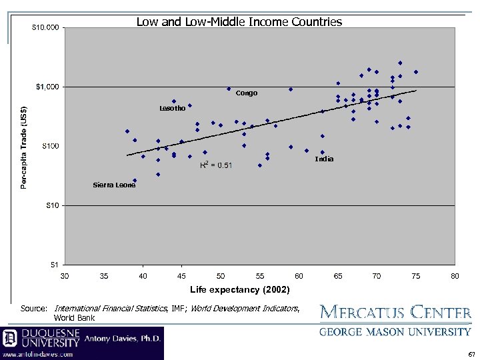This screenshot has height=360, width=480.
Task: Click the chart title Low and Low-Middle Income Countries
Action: coord(239,22)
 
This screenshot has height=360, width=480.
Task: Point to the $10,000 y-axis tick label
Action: coord(46,27)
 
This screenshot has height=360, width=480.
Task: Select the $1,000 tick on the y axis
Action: coord(48,87)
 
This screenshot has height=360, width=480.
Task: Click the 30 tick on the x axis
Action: coord(65,275)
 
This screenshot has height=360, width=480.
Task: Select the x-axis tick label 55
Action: coord(260,275)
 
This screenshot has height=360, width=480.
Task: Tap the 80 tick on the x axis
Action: coord(455,275)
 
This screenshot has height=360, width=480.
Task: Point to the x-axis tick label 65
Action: coord(338,275)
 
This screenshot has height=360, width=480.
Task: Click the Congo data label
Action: coord(246,93)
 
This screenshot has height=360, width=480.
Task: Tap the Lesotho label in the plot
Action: coord(171,108)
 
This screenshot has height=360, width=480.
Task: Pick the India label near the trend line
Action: coord(324,159)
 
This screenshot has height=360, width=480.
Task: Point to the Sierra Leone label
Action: coord(114,185)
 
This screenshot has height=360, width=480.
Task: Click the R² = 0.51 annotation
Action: coord(216,165)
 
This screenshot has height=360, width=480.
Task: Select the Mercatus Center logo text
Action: coord(395,312)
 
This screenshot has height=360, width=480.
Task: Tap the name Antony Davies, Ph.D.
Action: coord(123,339)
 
